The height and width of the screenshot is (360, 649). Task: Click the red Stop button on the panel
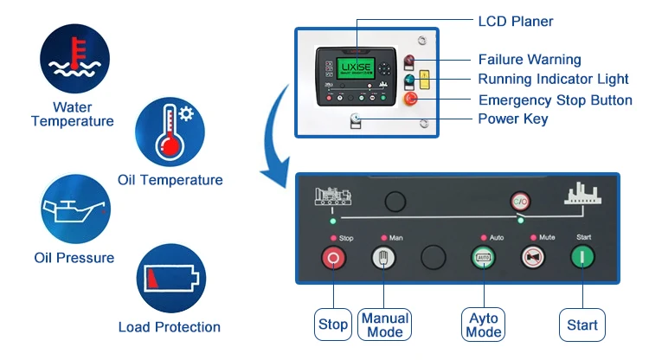[x=334, y=257]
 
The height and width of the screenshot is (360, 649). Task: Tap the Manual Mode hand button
[x=384, y=257]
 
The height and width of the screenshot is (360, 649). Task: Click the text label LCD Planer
[x=515, y=22]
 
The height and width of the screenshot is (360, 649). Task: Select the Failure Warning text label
[x=530, y=60]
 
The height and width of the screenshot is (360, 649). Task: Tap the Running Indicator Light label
[x=555, y=80]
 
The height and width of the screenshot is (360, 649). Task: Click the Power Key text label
[x=513, y=119]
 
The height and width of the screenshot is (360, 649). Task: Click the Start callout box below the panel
[x=582, y=325]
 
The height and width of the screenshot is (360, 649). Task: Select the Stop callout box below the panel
[x=334, y=325]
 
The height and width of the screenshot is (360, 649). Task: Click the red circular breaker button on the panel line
[x=519, y=200]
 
